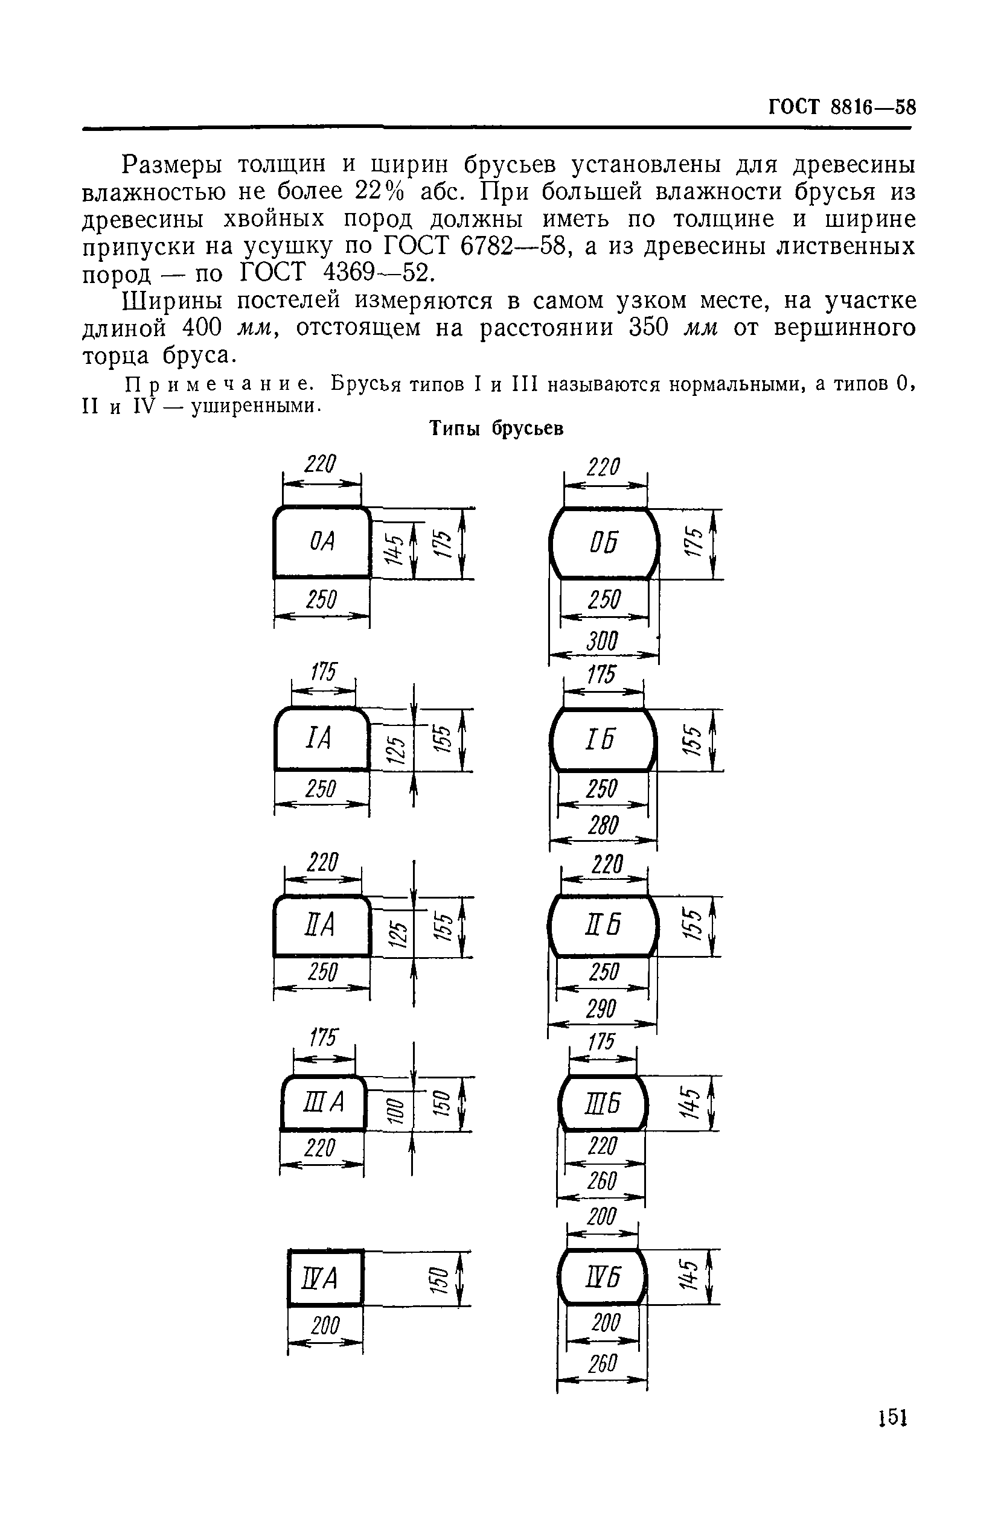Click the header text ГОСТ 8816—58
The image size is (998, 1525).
point(842,107)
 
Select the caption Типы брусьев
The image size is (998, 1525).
point(496,428)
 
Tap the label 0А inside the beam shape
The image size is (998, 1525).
point(322,542)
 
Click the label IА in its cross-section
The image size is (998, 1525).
point(319,738)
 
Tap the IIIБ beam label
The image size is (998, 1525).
point(603,1103)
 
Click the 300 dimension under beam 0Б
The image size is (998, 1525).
point(602,642)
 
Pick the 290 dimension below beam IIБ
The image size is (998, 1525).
point(601,1009)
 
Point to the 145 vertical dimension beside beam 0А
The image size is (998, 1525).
point(394,549)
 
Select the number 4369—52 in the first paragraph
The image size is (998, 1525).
point(376,273)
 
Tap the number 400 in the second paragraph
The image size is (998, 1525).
point(202,328)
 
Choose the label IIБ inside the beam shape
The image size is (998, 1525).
point(603,925)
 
